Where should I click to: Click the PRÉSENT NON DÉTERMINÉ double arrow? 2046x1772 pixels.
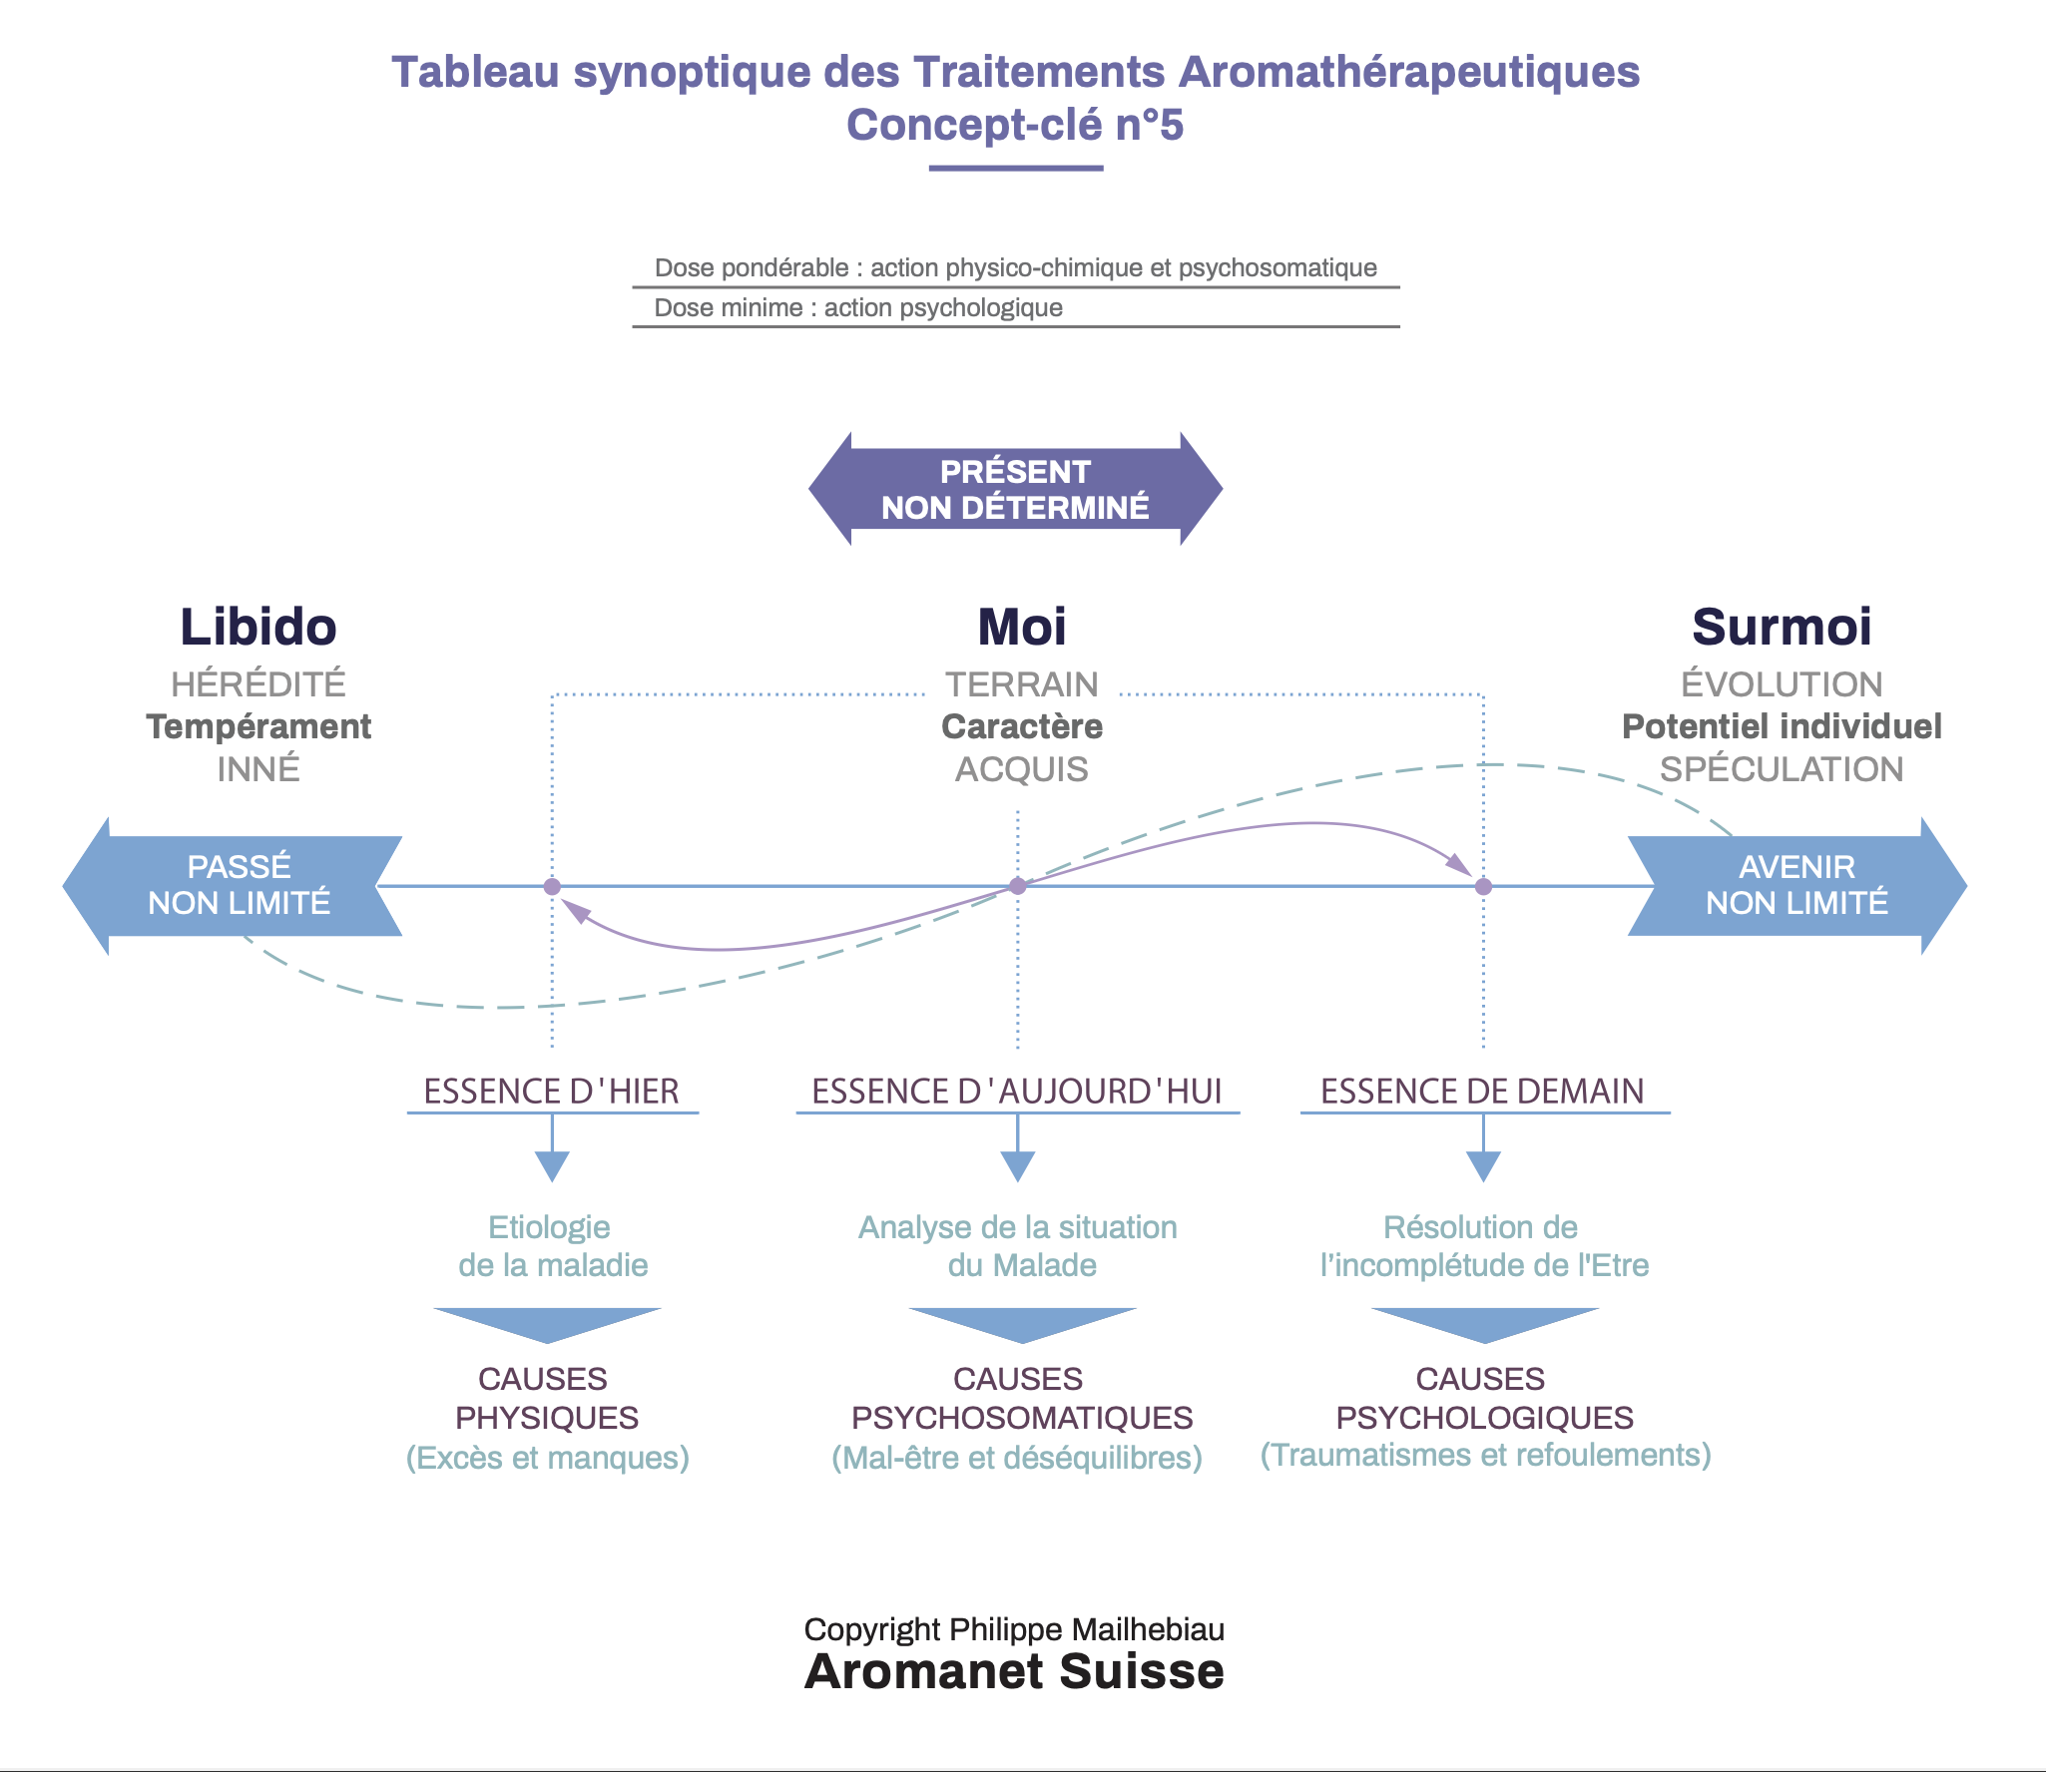(x=1015, y=489)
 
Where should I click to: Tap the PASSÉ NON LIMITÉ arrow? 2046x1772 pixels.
(x=233, y=886)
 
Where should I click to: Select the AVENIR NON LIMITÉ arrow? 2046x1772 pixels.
(x=1797, y=886)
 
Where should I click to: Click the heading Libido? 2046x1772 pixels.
(x=258, y=627)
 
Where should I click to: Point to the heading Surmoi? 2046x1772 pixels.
(x=1782, y=627)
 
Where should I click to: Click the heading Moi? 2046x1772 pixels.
(x=1022, y=627)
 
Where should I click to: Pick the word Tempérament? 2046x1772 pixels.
(x=258, y=726)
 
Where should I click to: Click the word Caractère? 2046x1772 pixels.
(x=1022, y=726)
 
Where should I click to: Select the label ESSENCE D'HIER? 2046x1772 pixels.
(x=552, y=1092)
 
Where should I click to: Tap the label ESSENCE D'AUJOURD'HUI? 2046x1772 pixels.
(x=1017, y=1092)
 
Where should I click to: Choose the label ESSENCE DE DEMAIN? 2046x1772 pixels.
(x=1483, y=1092)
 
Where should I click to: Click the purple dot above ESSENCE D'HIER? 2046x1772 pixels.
(x=552, y=886)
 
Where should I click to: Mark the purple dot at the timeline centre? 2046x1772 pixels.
(x=1018, y=886)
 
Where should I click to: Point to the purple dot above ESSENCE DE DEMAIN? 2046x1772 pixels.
(x=1484, y=886)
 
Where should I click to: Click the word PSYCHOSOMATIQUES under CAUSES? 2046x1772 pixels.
(x=1022, y=1418)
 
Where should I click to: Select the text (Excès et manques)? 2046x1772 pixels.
(x=548, y=1458)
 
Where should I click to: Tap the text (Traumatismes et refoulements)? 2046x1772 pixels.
(x=1486, y=1456)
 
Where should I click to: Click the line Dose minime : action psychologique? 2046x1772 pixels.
(x=858, y=307)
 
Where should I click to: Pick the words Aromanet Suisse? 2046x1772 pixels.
(x=1015, y=1671)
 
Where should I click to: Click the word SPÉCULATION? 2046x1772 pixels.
(x=1782, y=769)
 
